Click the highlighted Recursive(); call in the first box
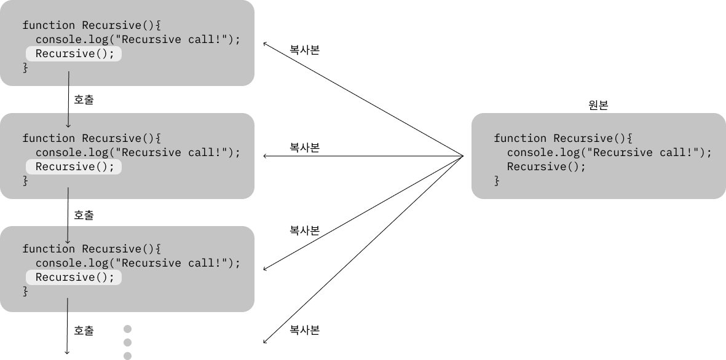pos(74,54)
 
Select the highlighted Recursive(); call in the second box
pos(74,167)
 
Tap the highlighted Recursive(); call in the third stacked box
pos(74,278)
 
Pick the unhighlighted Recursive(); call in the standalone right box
pos(546,167)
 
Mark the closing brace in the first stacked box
pos(25,68)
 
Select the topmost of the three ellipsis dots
pos(128,329)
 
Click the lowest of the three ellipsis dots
pos(128,356)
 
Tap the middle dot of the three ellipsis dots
pos(128,343)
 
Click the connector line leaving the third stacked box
pos(67,305)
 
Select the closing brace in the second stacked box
pos(25,181)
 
